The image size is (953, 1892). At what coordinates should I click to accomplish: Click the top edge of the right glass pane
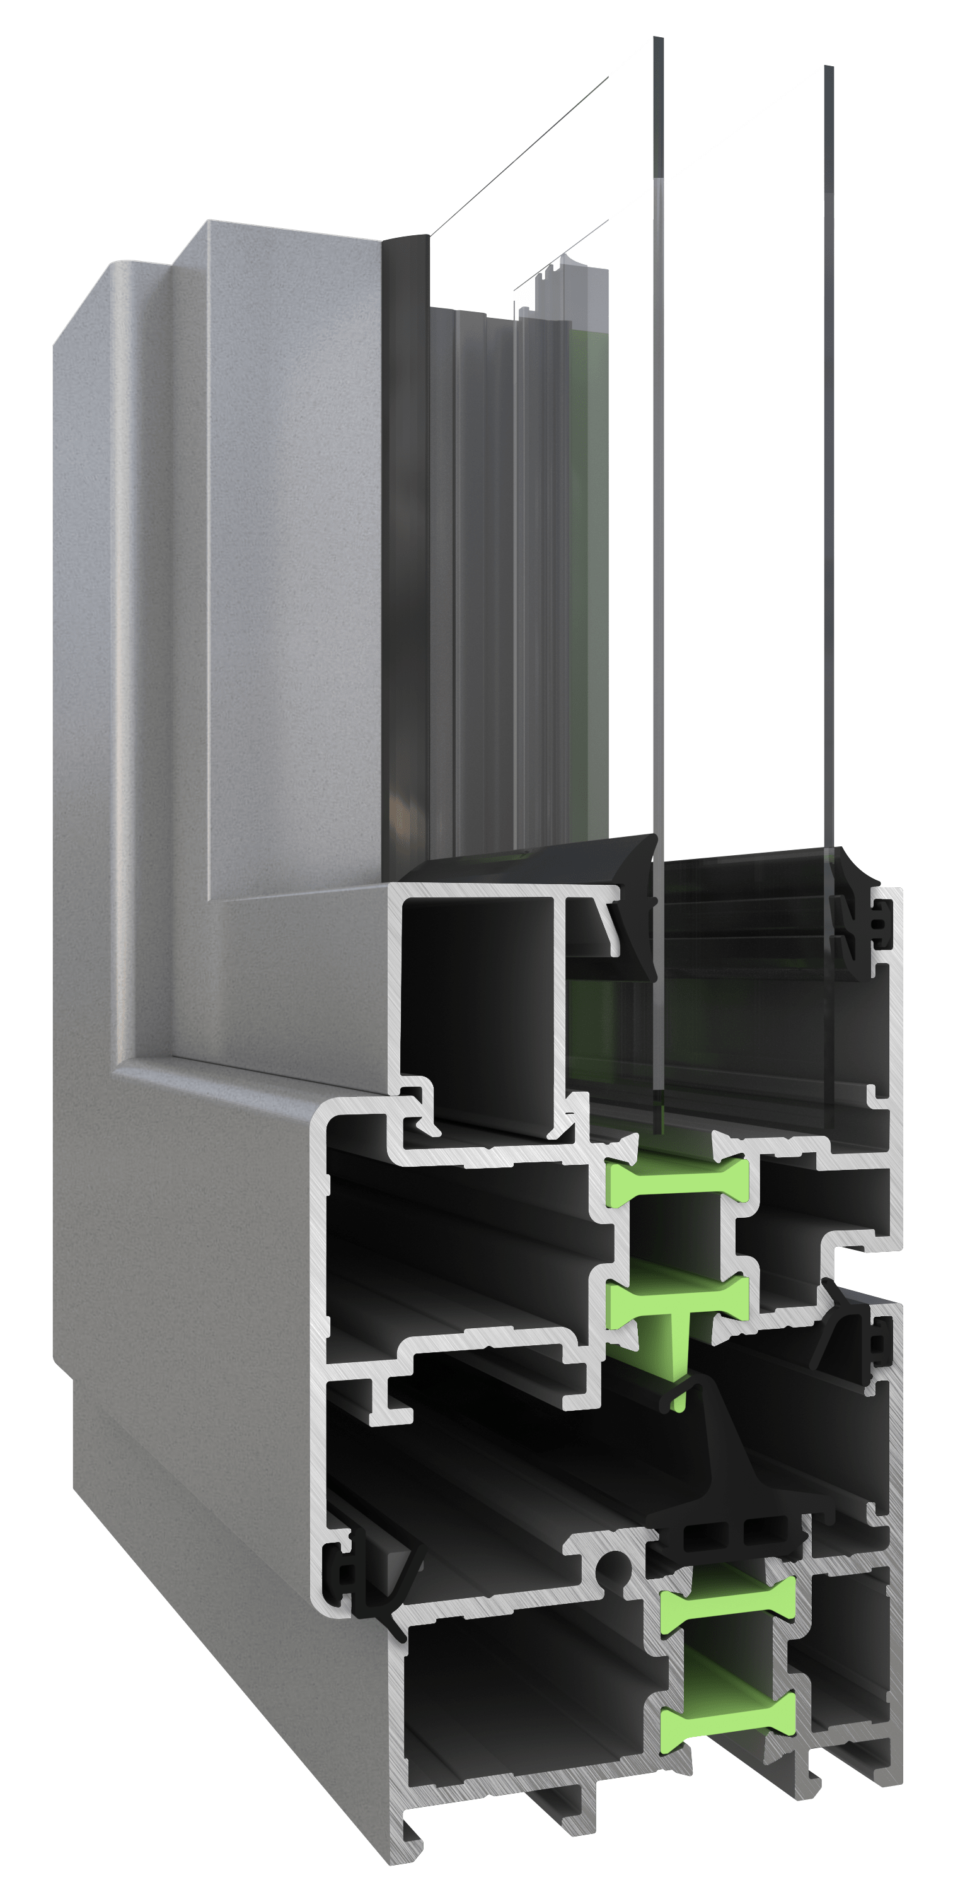829,67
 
